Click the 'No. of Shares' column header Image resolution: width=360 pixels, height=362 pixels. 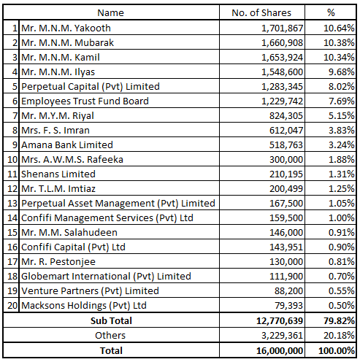pyautogui.click(x=261, y=12)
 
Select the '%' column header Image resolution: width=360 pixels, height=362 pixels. pyautogui.click(x=331, y=12)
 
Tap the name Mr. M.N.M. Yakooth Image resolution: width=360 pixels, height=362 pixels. pyautogui.click(x=66, y=28)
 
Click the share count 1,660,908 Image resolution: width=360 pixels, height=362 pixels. pyautogui.click(x=282, y=43)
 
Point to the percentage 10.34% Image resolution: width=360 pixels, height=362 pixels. pyautogui.click(x=339, y=58)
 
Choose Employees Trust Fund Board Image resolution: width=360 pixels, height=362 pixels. pyautogui.click(x=85, y=101)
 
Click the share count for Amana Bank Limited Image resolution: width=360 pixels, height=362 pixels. pyautogui.click(x=286, y=145)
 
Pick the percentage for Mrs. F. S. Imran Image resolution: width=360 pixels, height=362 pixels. pyautogui.click(x=342, y=131)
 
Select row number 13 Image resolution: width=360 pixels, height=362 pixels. pyautogui.click(x=12, y=204)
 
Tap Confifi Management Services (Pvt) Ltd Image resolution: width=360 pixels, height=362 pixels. pyautogui.click(x=107, y=218)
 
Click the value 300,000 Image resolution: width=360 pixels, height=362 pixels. pyautogui.click(x=286, y=160)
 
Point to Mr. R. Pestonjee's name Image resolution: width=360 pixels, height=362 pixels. pyautogui.click(x=58, y=262)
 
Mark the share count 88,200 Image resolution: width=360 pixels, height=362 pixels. pyautogui.click(x=288, y=291)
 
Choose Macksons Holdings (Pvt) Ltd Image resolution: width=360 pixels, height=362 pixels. pyautogui.click(x=84, y=306)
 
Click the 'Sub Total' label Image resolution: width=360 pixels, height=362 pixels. pyautogui.click(x=111, y=320)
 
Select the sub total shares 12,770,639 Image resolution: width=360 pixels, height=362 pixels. pyautogui.click(x=280, y=321)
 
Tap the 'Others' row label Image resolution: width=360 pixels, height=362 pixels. pyautogui.click(x=110, y=335)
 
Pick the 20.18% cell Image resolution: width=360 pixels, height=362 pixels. pyautogui.click(x=339, y=336)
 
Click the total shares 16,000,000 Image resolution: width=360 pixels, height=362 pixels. pyautogui.click(x=280, y=351)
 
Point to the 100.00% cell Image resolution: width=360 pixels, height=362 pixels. pyautogui.click(x=337, y=351)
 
